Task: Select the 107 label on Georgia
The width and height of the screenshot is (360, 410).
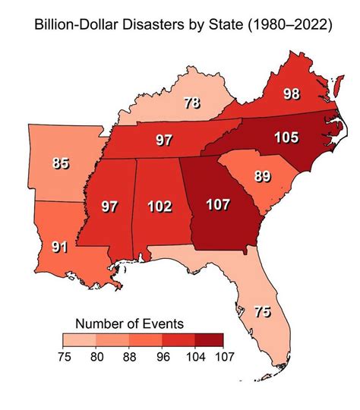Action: point(220,205)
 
